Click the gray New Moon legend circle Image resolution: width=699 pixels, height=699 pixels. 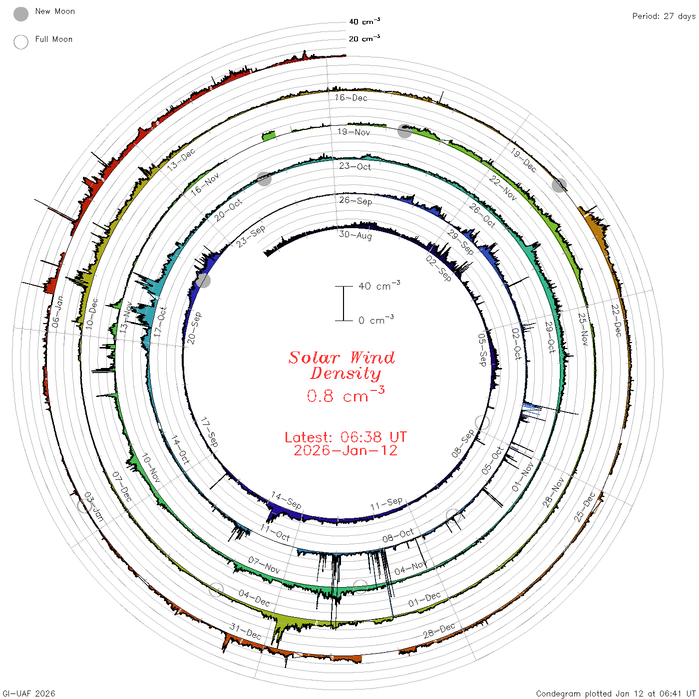(20, 14)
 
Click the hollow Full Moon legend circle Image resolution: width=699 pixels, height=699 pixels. (20, 42)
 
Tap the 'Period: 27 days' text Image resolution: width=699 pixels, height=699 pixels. (664, 16)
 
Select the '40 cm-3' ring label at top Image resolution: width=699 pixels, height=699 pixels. (364, 21)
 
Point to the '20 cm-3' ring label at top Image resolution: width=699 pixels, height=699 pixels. (364, 38)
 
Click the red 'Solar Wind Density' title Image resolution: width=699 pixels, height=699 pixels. (342, 365)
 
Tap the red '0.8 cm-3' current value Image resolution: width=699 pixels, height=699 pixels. (346, 394)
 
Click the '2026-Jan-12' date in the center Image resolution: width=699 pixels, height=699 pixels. (346, 450)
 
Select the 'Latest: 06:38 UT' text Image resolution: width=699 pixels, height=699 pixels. (346, 437)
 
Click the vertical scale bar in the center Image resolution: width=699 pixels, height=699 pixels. (344, 303)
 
